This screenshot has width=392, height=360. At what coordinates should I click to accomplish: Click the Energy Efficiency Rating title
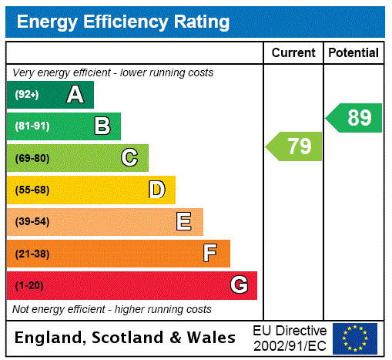[x=123, y=22]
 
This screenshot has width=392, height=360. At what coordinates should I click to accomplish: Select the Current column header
[x=293, y=53]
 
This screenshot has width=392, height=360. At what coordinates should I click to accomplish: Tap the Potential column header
[x=353, y=53]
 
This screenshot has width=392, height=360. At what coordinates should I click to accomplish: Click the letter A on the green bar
[x=75, y=95]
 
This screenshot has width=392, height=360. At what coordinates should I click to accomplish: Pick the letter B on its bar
[x=102, y=126]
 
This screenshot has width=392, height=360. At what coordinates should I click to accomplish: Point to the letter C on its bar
[x=129, y=158]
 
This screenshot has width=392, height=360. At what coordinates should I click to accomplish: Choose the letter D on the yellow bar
[x=156, y=190]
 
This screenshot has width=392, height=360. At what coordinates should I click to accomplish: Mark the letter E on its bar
[x=184, y=222]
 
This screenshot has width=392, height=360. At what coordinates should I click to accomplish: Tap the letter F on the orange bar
[x=210, y=254]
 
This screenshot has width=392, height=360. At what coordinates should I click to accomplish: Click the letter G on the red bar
[x=239, y=285]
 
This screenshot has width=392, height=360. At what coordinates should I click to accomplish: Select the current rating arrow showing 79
[x=294, y=146]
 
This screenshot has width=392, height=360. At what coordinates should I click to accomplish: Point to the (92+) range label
[x=27, y=95]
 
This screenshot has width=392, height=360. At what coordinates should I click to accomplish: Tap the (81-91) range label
[x=32, y=126]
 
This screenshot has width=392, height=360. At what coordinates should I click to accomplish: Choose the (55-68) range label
[x=32, y=190]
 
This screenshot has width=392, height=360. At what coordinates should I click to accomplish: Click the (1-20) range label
[x=29, y=286]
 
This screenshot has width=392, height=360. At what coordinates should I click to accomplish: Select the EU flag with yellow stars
[x=355, y=338]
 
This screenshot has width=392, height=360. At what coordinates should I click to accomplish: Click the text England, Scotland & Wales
[x=126, y=338]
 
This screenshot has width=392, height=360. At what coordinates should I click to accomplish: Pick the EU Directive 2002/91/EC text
[x=290, y=338]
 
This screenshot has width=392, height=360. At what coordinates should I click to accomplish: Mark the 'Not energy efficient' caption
[x=112, y=309]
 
